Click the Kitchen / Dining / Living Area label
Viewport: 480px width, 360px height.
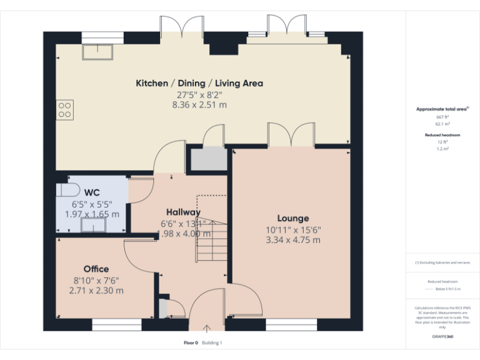tap(199, 83)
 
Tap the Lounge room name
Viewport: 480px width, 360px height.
tap(293, 218)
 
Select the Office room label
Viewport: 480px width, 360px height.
tap(96, 269)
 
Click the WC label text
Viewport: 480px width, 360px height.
tap(92, 192)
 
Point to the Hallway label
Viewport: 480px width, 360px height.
tap(183, 212)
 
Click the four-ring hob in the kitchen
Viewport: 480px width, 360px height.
tap(65, 109)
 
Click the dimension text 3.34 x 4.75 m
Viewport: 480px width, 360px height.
tap(293, 240)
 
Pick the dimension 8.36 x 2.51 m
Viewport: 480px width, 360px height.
tap(199, 105)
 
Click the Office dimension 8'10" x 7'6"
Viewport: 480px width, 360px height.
tap(96, 280)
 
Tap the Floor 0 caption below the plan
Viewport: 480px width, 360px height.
tap(191, 342)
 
